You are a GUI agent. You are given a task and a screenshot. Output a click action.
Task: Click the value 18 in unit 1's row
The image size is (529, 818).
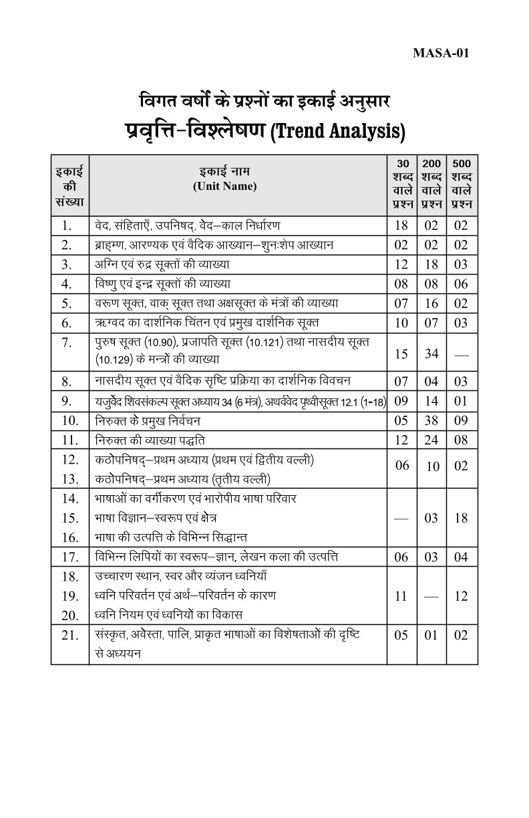click(x=401, y=225)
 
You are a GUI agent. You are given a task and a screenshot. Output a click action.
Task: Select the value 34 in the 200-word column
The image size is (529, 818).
click(x=431, y=353)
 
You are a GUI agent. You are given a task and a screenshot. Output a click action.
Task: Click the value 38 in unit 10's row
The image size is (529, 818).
click(x=431, y=420)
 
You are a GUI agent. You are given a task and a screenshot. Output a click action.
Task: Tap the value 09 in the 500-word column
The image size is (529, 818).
click(x=461, y=420)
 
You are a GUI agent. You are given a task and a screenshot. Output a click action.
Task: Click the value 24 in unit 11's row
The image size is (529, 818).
click(x=431, y=440)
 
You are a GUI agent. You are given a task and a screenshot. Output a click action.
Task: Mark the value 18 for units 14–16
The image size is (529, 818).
click(x=461, y=518)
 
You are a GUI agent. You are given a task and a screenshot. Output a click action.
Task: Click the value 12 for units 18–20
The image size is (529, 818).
click(x=461, y=596)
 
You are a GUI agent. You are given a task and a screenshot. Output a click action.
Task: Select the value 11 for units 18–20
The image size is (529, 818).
click(x=401, y=596)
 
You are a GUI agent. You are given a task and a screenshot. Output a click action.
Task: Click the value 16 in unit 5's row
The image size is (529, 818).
click(x=431, y=303)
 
